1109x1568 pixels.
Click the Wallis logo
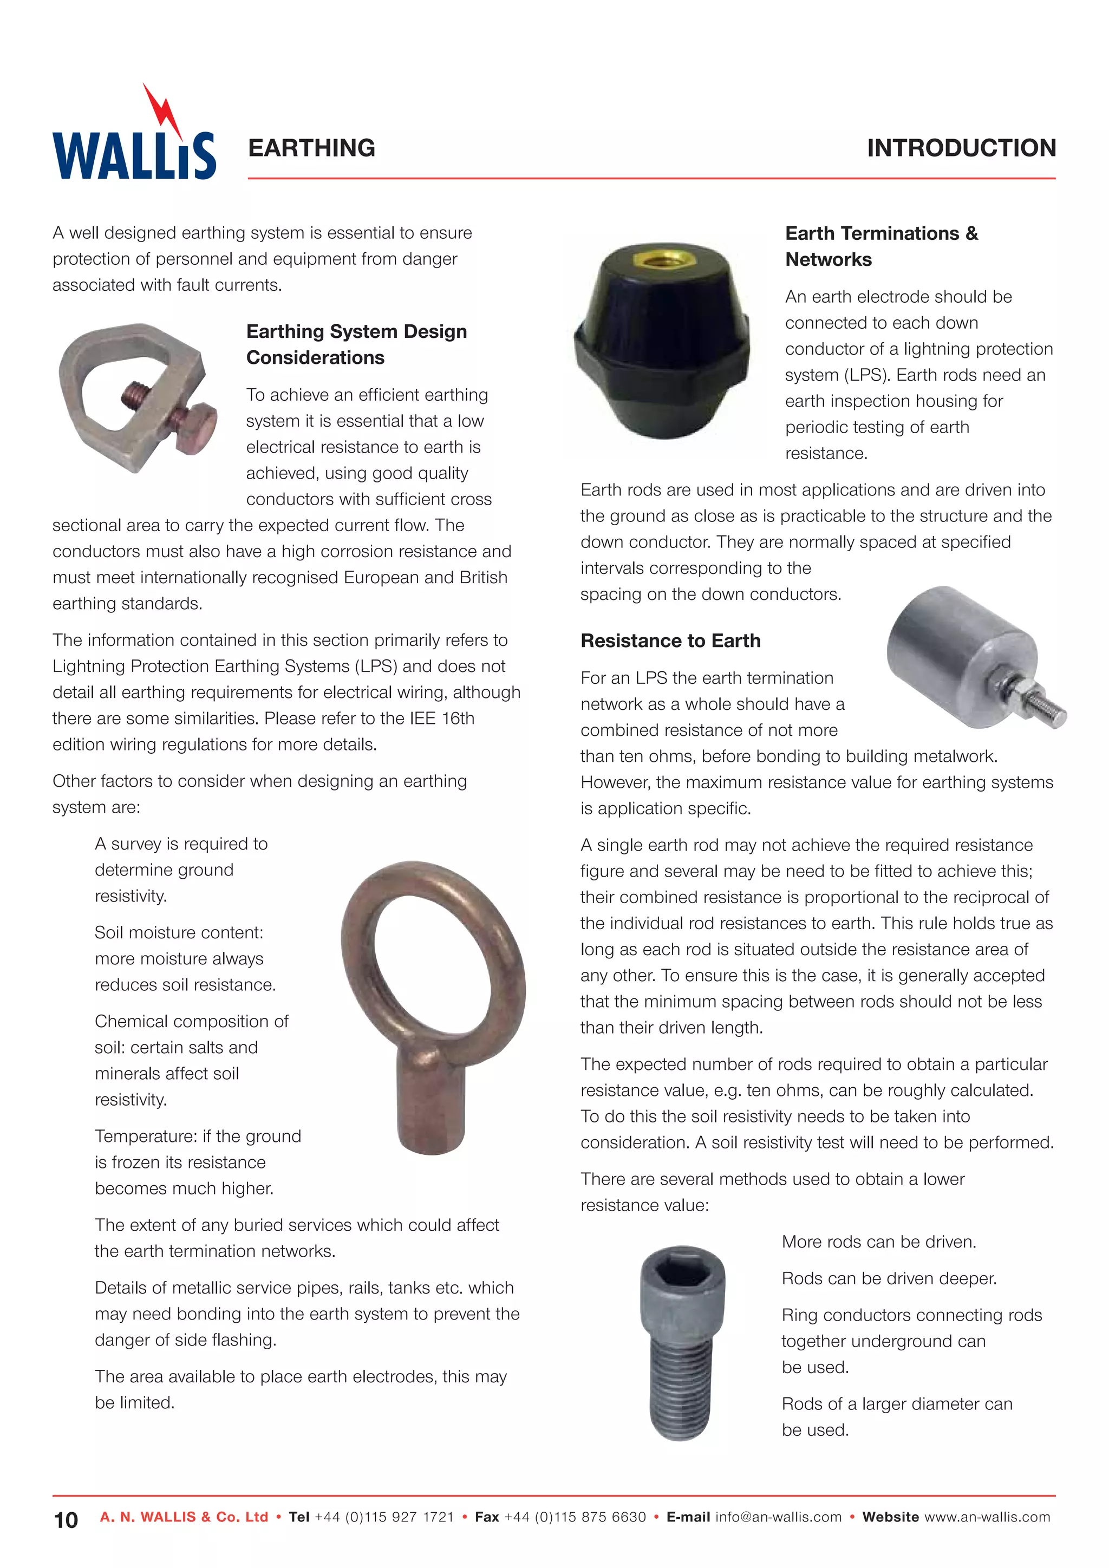134,154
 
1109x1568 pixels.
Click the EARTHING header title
311,148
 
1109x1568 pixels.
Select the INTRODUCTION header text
961,148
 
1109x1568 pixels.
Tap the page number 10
66,1520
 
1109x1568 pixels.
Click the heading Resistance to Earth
670,641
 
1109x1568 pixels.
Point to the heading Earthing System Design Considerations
356,344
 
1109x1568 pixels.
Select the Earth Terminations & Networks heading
881,246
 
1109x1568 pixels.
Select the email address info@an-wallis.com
779,1518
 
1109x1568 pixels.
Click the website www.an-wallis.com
987,1518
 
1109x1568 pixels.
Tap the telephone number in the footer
384,1518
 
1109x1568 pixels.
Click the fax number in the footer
575,1518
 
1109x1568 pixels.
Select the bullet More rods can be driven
879,1242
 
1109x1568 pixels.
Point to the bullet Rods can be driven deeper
889,1278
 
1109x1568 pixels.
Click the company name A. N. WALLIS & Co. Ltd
184,1518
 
